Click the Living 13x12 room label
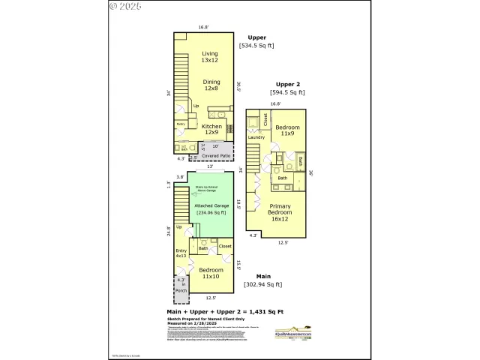point(209,58)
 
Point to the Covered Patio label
point(215,155)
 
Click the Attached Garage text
point(211,205)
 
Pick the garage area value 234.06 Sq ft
point(211,213)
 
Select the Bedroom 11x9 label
point(287,132)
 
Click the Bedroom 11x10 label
point(211,273)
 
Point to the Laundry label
point(256,137)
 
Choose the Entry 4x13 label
point(181,253)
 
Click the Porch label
point(180,290)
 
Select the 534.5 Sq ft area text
point(256,46)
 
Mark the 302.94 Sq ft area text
point(263,284)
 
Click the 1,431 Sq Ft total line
point(226,310)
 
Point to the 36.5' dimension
point(238,85)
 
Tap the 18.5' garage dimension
point(238,202)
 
